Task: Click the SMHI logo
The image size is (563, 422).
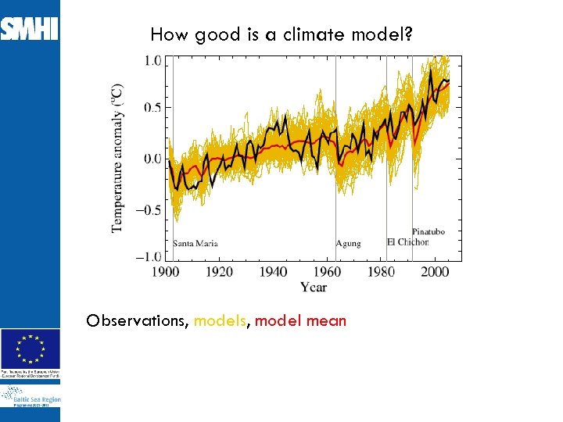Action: click(x=30, y=30)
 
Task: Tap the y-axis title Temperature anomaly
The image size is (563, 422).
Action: click(x=117, y=159)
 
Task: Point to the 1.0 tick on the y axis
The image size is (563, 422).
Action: click(x=152, y=61)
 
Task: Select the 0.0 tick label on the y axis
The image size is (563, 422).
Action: click(x=152, y=159)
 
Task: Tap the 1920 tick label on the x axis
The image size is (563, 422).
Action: click(x=220, y=272)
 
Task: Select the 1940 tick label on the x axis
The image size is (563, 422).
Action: click(x=273, y=272)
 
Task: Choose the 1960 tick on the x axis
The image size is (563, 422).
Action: click(x=327, y=272)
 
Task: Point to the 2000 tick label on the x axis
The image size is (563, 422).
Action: click(x=434, y=272)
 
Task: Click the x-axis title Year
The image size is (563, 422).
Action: click(x=314, y=288)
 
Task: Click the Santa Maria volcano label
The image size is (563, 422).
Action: click(x=195, y=243)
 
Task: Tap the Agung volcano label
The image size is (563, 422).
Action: click(x=349, y=243)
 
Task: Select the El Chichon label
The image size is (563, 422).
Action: click(x=407, y=242)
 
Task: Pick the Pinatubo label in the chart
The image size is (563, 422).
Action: click(x=429, y=232)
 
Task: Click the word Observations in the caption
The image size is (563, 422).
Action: click(x=138, y=320)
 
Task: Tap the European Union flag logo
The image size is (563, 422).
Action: click(x=30, y=348)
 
